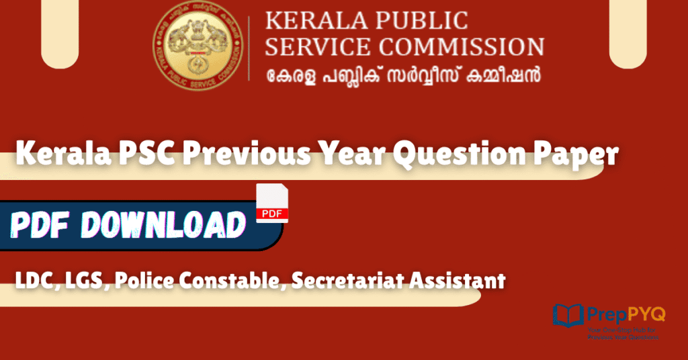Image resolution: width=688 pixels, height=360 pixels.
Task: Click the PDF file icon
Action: point(272,203)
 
